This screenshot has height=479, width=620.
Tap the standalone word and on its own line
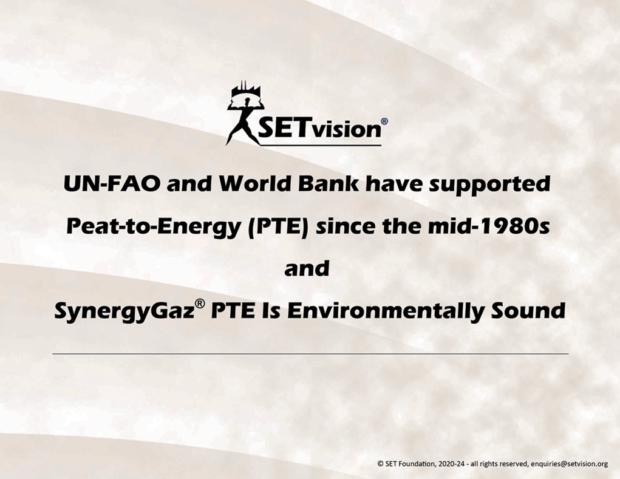pos(307,268)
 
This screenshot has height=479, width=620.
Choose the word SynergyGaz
pos(124,311)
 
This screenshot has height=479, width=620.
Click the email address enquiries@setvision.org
pos(570,464)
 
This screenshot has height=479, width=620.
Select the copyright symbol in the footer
pos(380,464)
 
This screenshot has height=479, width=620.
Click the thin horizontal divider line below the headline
pos(310,354)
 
